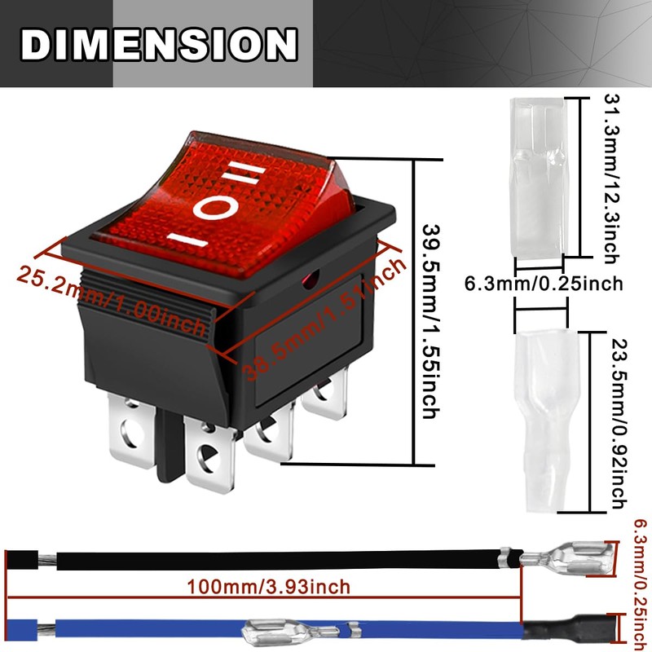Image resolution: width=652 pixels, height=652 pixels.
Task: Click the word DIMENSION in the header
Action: point(159,45)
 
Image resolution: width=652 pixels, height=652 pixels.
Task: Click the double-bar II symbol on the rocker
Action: point(244,173)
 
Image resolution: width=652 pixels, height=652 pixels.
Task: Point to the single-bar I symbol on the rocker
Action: point(187,240)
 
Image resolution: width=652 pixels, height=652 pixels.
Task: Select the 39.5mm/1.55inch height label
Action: point(431,321)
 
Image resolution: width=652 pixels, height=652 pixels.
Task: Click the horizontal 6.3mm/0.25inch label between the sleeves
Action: point(544,284)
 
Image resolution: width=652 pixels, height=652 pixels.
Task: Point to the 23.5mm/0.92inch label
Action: point(619,423)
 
